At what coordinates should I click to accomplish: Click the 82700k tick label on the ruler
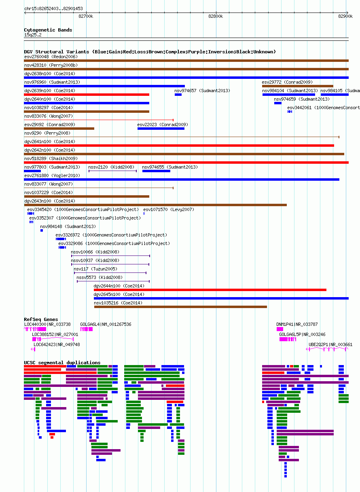(86, 16)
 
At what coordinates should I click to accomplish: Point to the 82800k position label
(216, 16)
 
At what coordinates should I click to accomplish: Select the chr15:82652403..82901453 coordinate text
(53, 8)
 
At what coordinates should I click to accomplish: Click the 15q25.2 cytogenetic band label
(33, 35)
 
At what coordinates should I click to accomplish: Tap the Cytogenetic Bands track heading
(48, 30)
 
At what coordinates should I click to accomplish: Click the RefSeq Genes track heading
(41, 319)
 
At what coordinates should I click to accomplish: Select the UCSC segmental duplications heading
(62, 363)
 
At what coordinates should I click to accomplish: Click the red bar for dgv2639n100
(87, 95)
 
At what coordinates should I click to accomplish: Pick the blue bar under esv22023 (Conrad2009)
(161, 129)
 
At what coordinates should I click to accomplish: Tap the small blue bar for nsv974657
(178, 95)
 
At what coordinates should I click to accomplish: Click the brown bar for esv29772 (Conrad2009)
(298, 86)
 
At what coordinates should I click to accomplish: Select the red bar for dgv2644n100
(210, 290)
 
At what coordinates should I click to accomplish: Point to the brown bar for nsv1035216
(180, 307)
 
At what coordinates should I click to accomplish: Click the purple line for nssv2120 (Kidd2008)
(112, 171)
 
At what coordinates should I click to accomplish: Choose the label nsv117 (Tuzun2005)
(95, 269)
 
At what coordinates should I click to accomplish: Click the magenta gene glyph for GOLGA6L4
(87, 329)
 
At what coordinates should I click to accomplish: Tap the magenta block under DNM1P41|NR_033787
(280, 329)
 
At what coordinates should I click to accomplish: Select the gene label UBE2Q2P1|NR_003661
(330, 344)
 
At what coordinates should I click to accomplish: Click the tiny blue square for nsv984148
(42, 230)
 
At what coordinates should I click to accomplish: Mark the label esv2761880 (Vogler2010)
(52, 175)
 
